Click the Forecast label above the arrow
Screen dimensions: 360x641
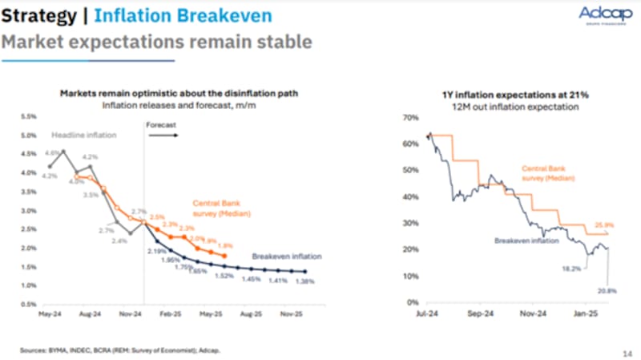160,125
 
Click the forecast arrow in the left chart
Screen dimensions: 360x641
165,136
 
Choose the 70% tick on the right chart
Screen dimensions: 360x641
411,118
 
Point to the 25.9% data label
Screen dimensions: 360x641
604,224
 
